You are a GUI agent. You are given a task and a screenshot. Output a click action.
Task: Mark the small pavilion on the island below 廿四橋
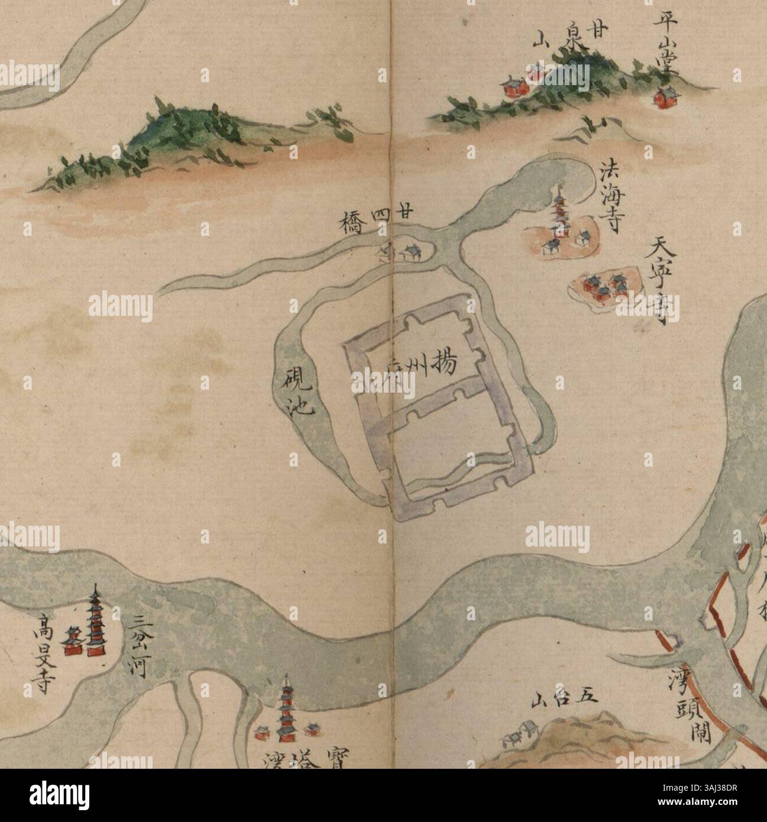(409, 253)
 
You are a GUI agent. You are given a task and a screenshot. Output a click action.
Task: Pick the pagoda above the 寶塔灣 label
(288, 713)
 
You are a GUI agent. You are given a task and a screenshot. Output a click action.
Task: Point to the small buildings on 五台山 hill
(517, 734)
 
